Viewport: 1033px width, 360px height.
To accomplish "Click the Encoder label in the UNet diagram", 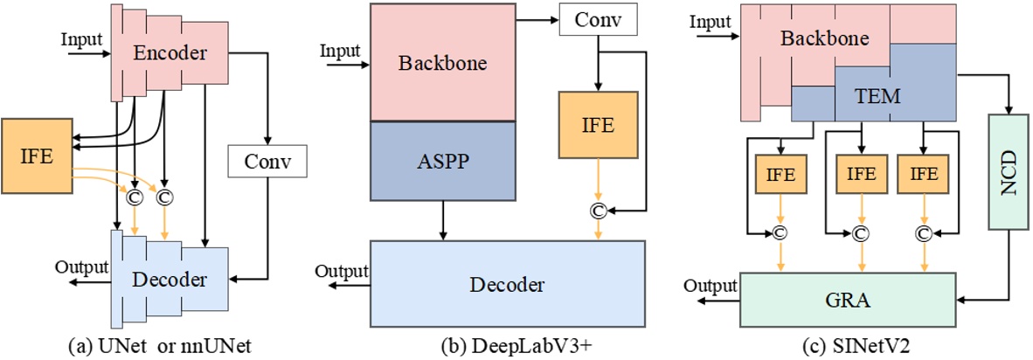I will point(170,53).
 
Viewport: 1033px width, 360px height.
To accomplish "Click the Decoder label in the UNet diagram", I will point(171,280).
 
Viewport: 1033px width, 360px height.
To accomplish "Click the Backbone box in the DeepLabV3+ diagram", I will point(441,62).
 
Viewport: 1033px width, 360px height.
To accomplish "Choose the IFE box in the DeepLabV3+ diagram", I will point(598,126).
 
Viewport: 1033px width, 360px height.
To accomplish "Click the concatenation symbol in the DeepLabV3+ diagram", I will point(598,210).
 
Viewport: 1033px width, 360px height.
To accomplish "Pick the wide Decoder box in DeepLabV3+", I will point(509,284).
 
